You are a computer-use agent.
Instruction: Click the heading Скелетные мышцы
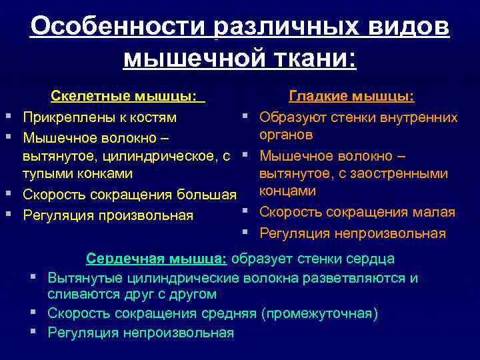click(x=127, y=97)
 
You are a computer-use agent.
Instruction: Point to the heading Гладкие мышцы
click(x=351, y=97)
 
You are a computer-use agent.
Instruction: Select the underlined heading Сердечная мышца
click(x=157, y=259)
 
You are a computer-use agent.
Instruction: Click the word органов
click(x=286, y=135)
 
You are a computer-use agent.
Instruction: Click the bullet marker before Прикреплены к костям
click(x=9, y=117)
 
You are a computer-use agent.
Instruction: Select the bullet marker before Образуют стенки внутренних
click(x=246, y=117)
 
